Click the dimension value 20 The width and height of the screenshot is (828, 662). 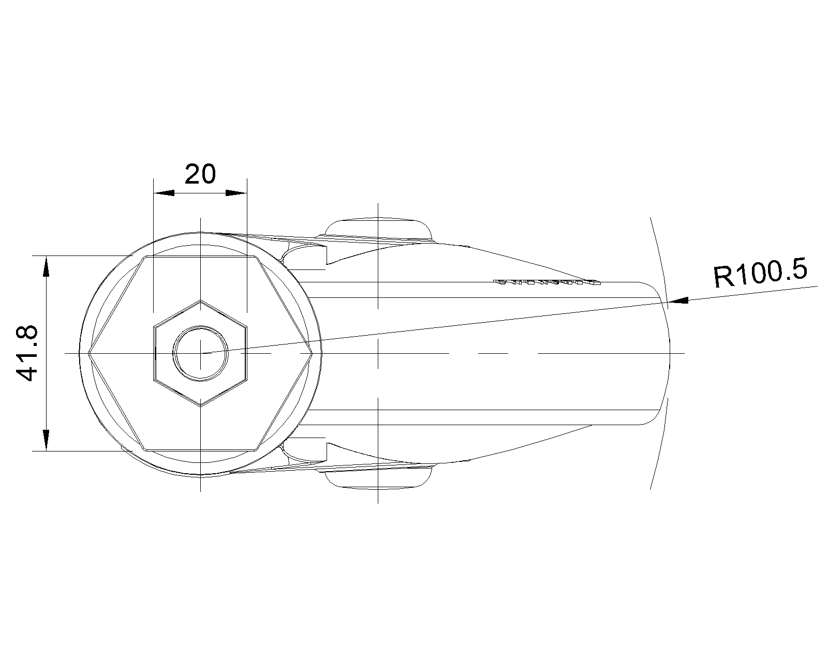(200, 174)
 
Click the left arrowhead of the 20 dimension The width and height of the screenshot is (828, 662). (164, 193)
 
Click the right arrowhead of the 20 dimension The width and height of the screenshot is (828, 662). (236, 193)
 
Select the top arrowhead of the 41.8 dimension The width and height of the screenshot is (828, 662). (47, 266)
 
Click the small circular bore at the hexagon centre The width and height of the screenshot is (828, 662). (200, 353)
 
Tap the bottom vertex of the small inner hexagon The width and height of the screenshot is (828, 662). (200, 407)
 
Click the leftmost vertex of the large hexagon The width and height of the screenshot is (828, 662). (88, 353)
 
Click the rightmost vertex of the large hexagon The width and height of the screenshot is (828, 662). (312, 353)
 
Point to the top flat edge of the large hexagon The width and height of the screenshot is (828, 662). (200, 257)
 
